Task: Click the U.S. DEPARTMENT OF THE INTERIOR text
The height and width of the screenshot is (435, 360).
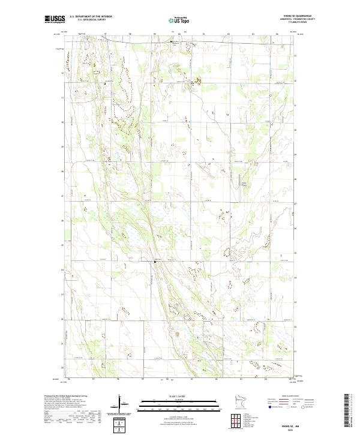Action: point(91,17)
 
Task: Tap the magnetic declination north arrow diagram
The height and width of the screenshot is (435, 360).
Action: point(122,403)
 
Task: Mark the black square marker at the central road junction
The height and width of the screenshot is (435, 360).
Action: point(155,262)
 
